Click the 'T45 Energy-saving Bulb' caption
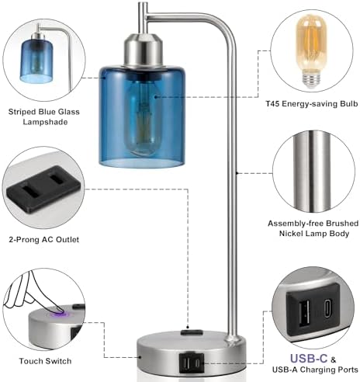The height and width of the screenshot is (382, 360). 312,104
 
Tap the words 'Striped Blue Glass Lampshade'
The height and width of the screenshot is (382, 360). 44,116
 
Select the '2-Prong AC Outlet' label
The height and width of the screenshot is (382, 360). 44,239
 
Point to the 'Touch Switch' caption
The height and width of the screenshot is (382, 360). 45,361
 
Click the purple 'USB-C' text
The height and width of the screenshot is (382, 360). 309,359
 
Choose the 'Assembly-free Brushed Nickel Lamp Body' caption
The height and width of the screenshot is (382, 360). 313,228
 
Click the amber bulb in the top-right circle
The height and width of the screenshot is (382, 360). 311,51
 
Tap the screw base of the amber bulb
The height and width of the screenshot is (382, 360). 312,79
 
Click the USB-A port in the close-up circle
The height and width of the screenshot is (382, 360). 304,314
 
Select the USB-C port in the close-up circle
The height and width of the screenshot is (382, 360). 327,309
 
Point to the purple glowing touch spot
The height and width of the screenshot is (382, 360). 61,314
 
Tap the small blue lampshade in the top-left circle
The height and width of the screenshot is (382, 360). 36,61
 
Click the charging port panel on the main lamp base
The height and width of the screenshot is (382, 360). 191,363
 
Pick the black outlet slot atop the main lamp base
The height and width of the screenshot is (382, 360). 191,332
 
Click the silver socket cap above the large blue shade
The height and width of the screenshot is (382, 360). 144,50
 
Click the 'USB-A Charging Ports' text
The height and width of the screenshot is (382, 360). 315,370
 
